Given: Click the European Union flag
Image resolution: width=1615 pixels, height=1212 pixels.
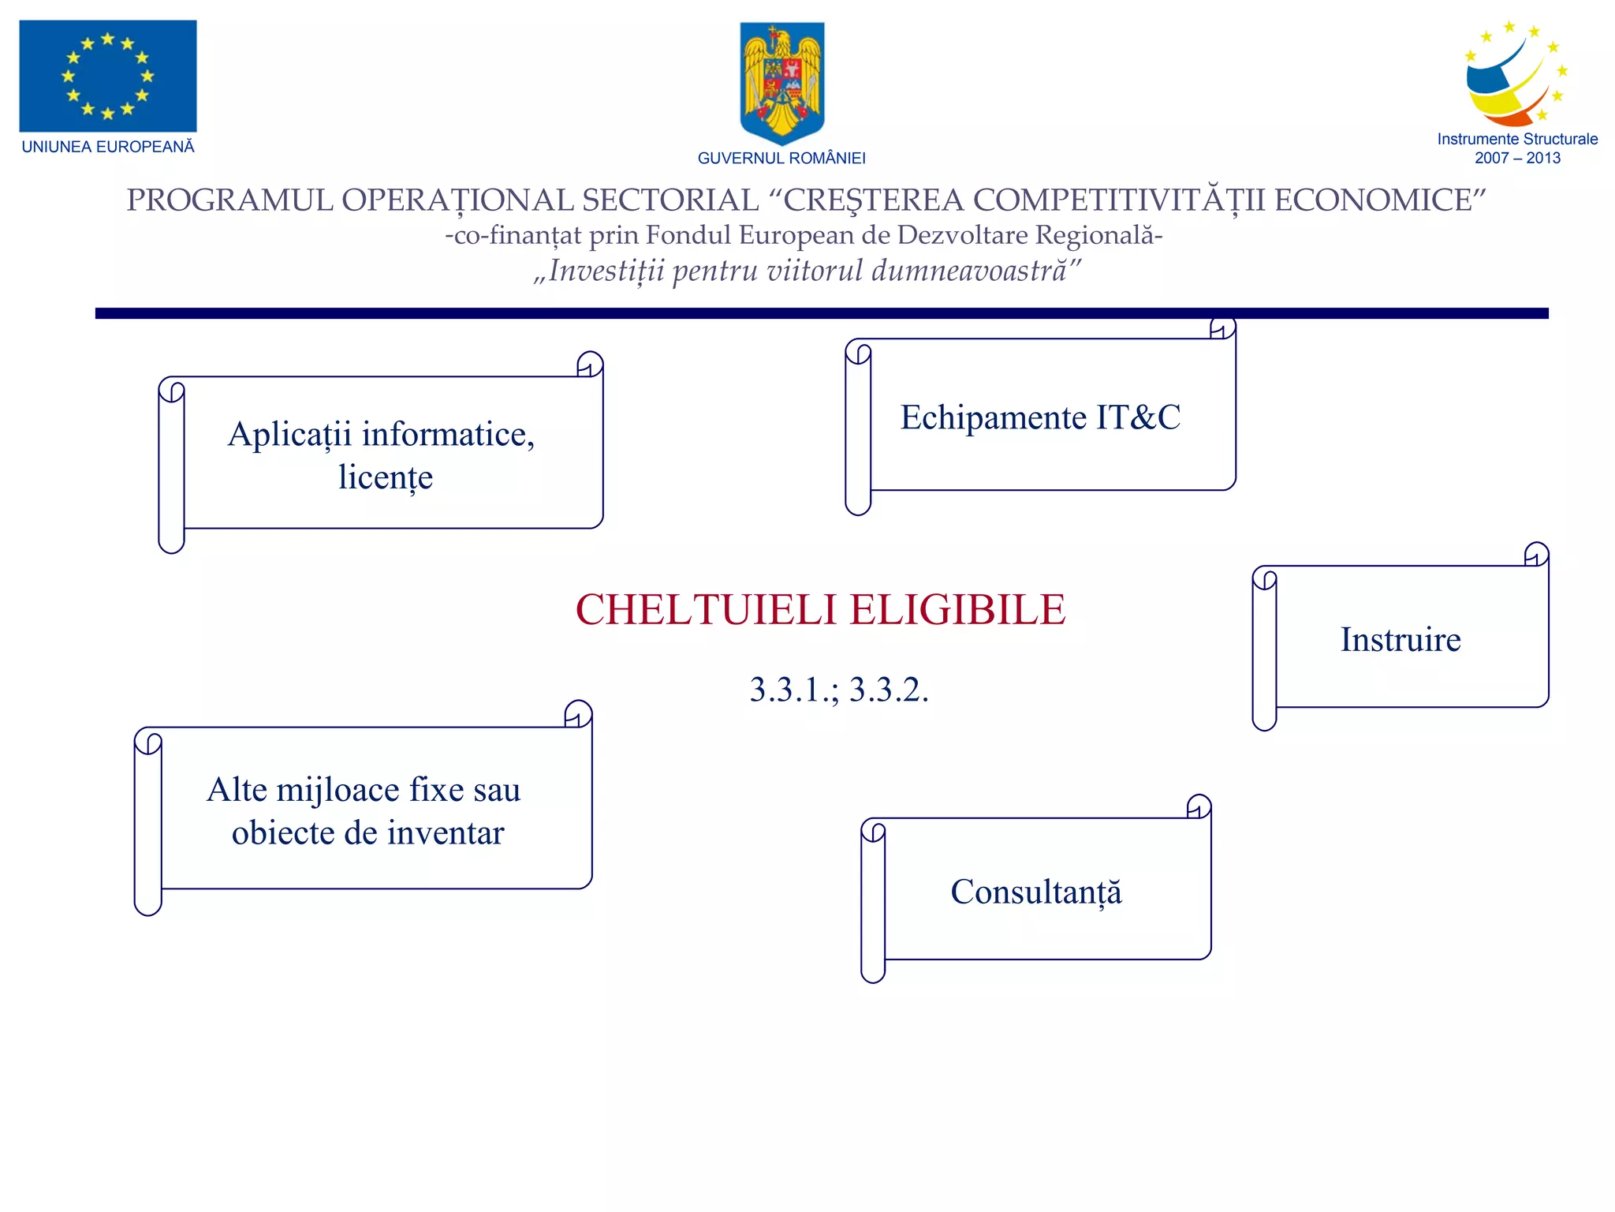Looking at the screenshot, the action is pyautogui.click(x=108, y=76).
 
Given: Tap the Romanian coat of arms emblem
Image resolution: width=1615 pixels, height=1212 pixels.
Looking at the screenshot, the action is pyautogui.click(x=781, y=82).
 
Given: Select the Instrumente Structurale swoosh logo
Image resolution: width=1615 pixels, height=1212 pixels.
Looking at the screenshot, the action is pyautogui.click(x=1516, y=76).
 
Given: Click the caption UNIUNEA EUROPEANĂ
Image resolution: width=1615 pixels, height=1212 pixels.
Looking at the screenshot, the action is pyautogui.click(x=108, y=147).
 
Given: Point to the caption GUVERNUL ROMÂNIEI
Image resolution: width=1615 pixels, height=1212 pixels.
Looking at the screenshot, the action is pyautogui.click(x=781, y=159).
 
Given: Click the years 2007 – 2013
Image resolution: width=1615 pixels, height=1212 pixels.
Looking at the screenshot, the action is pyautogui.click(x=1517, y=158).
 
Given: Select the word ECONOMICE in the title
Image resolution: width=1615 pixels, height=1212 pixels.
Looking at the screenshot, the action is pyautogui.click(x=1380, y=200).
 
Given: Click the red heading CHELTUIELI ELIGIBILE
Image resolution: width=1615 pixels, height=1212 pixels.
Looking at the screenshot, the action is pyautogui.click(x=820, y=610).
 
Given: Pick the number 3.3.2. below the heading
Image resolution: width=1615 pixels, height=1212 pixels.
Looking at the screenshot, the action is pyautogui.click(x=889, y=690).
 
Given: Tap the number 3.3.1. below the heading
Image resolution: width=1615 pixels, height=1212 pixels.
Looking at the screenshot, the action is pyautogui.click(x=794, y=690).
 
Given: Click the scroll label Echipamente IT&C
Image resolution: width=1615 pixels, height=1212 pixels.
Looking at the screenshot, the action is pyautogui.click(x=1040, y=417).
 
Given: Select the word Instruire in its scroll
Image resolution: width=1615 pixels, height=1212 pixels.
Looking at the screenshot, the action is pyautogui.click(x=1401, y=639).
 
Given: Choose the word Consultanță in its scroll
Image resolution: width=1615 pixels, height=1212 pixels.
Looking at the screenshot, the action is pyautogui.click(x=1036, y=892).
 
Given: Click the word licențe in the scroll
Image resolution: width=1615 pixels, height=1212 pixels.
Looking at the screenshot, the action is pyautogui.click(x=386, y=477).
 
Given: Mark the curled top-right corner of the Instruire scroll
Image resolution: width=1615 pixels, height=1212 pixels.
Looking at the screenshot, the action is pyautogui.click(x=1536, y=554).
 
